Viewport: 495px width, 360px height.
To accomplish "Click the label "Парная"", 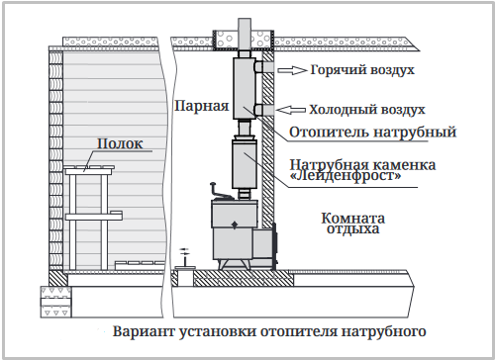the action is pos(202,107).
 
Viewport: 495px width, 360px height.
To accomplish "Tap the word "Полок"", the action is pos(120,143).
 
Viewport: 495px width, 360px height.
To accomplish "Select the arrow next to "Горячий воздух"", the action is pos(292,70).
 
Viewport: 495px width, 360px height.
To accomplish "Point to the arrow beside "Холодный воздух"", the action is pos(291,110).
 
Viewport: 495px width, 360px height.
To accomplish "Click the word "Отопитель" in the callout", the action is pos(329,133).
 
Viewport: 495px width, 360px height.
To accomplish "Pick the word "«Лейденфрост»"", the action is pos(346,175).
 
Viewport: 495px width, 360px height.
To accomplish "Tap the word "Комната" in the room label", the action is pos(353,219).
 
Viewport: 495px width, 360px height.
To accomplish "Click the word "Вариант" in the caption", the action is pos(144,331).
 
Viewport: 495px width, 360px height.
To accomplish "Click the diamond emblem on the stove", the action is pos(235,225).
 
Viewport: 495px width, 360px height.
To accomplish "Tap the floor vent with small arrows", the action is pos(185,260).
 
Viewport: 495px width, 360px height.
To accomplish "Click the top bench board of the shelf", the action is pos(89,171).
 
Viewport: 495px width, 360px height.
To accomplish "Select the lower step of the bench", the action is pos(94,216).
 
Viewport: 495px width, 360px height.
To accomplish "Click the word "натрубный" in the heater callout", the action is pos(415,133).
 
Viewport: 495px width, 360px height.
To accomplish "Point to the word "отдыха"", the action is pos(353,228).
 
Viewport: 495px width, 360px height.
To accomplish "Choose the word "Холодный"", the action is pos(342,110).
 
